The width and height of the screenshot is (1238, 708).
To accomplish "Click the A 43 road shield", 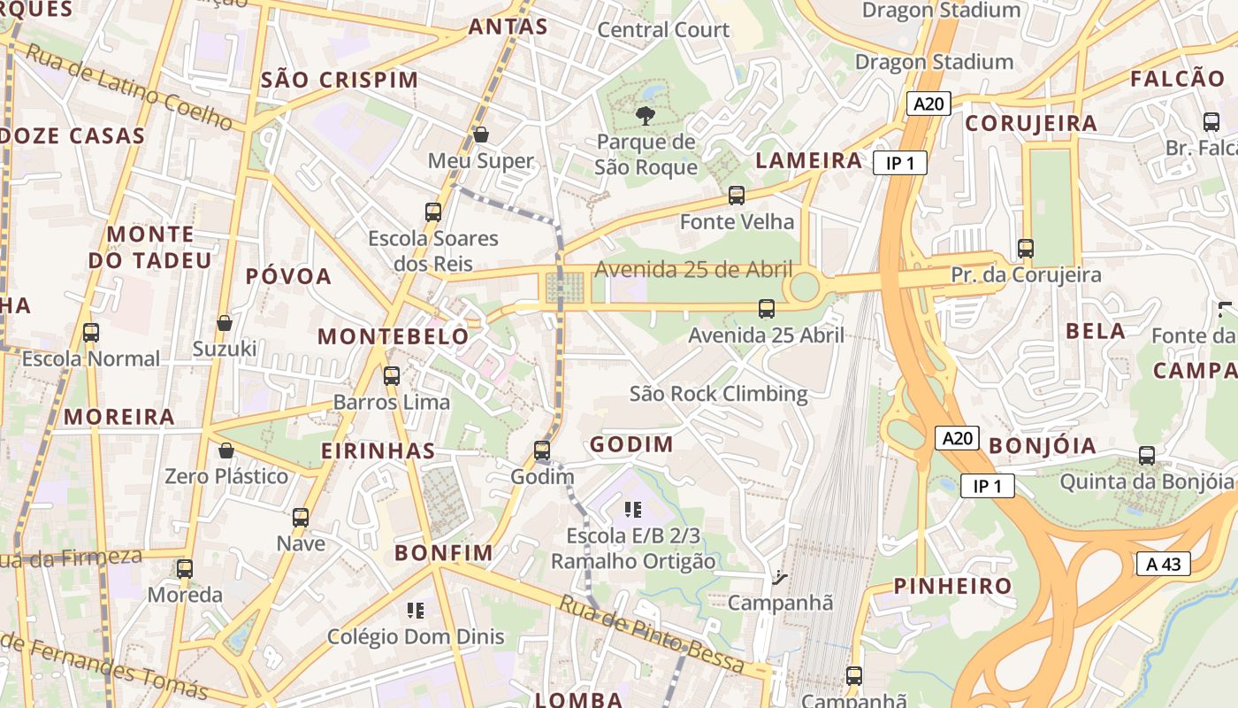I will (1163, 564).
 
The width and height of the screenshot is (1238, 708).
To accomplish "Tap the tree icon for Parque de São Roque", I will (646, 115).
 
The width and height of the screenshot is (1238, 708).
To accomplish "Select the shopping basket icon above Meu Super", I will (481, 135).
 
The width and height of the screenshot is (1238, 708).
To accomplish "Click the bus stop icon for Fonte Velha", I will (736, 196).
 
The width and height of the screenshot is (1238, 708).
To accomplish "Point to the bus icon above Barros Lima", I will (391, 376).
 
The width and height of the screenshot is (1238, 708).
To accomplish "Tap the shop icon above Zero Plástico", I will (226, 450).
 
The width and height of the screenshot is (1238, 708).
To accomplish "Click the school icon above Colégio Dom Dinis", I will (415, 610).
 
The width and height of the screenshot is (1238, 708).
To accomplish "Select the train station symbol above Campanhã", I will (779, 578).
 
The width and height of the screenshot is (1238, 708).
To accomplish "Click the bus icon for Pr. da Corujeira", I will (1026, 249).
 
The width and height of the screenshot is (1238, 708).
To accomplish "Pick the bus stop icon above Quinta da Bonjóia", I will (1146, 456).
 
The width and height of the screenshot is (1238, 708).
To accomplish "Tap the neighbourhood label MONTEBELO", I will (394, 336).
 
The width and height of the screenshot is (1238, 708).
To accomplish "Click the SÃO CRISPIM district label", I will (340, 80).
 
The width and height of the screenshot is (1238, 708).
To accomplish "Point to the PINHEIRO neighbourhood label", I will (952, 586).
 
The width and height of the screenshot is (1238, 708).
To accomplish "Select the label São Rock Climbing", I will (718, 394).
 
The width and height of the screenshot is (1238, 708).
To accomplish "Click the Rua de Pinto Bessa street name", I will (652, 633).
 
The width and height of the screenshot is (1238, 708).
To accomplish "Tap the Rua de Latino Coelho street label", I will (128, 88).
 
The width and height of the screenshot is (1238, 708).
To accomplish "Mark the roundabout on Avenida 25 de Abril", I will (804, 287).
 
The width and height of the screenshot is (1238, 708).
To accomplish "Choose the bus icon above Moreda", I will (184, 569).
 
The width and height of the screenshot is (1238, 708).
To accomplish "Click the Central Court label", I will (663, 30).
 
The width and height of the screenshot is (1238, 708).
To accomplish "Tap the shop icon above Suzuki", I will (225, 323).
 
